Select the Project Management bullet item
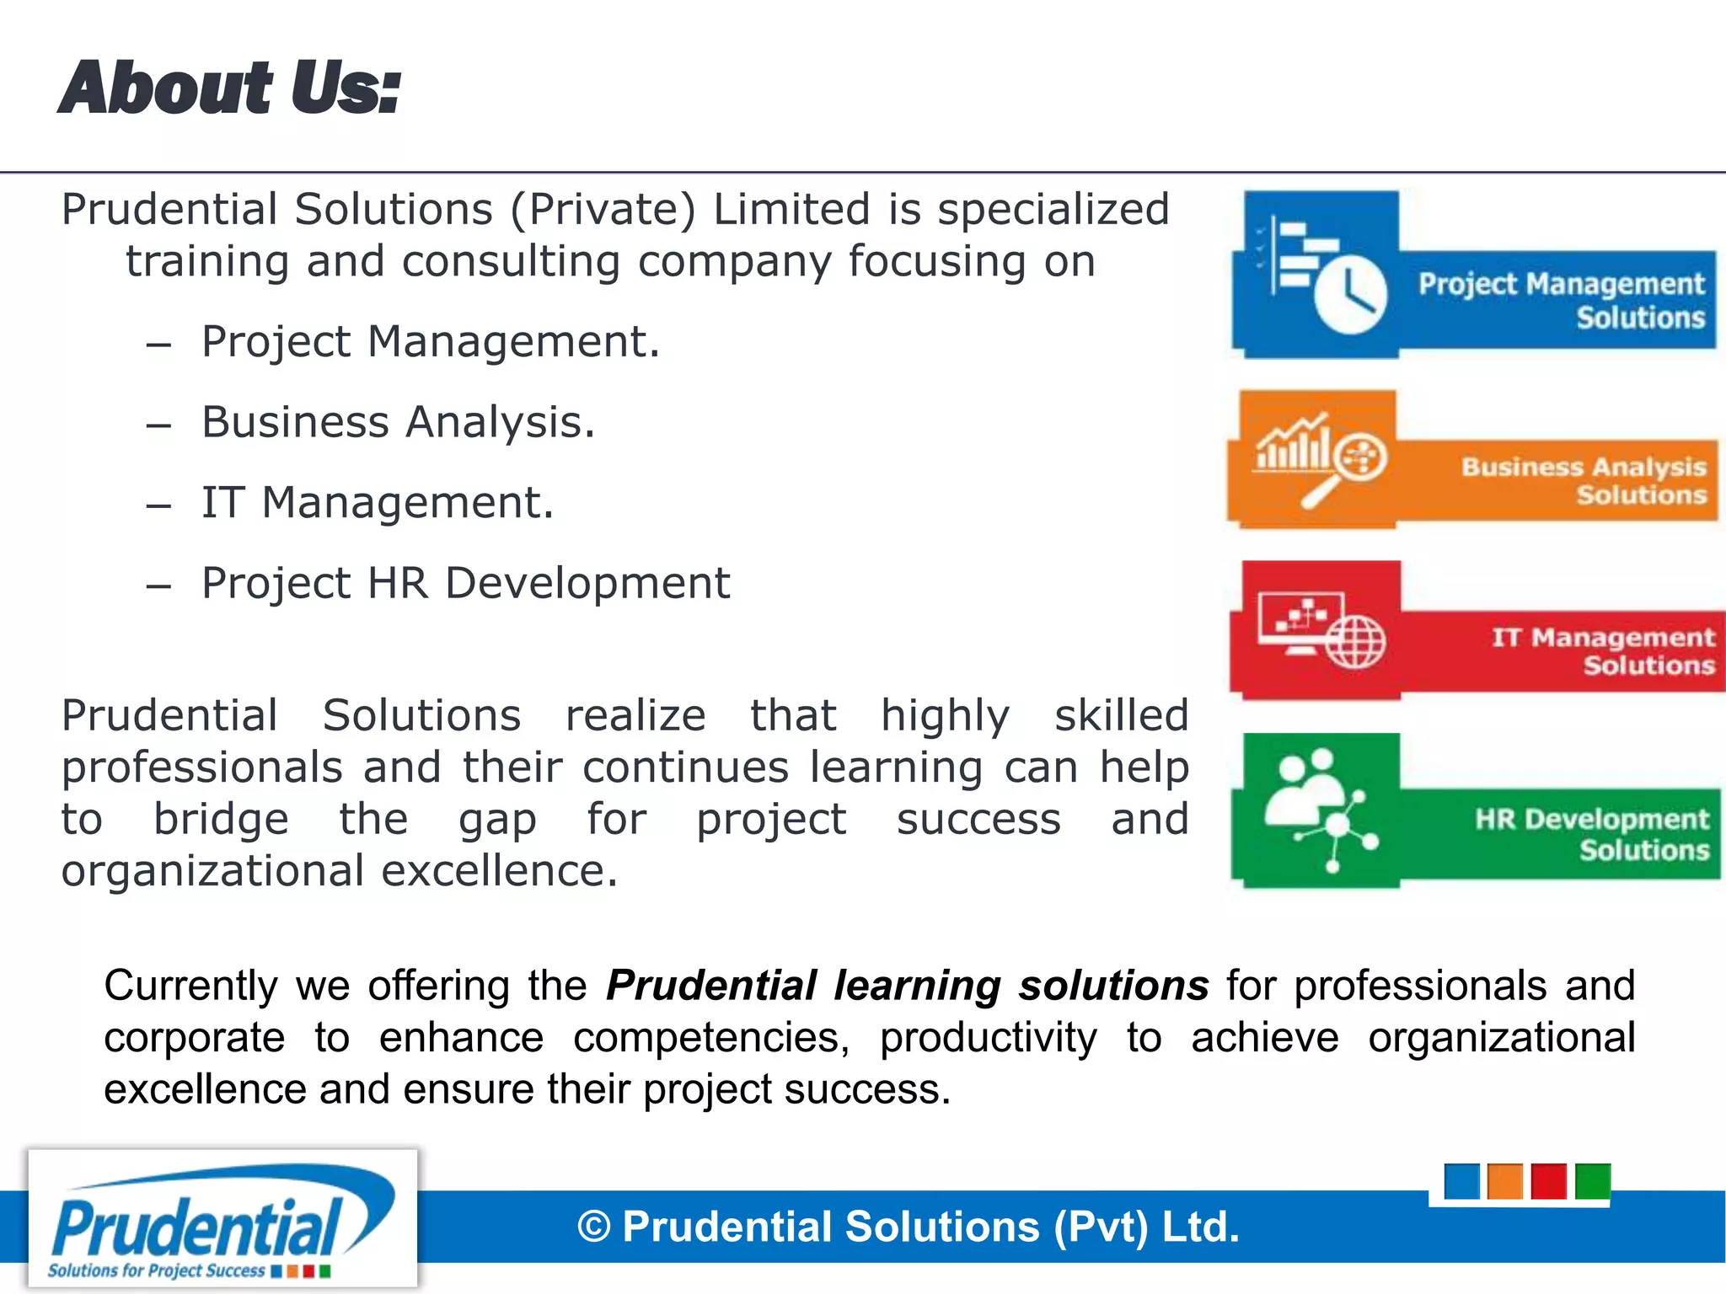pos(430,342)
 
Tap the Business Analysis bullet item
pos(398,422)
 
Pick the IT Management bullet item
pos(378,503)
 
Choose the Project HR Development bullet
pos(465,583)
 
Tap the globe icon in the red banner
pos(1354,642)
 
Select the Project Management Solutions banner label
pos(1561,300)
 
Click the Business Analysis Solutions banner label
pos(1584,479)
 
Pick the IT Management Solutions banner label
pos(1603,650)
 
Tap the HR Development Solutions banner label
pos(1592,833)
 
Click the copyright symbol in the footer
pos(593,1227)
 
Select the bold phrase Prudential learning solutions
pos(908,986)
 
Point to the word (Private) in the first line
pos(603,210)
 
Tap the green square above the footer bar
pos(1592,1181)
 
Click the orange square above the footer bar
pos(1504,1181)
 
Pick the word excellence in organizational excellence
pos(499,871)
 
